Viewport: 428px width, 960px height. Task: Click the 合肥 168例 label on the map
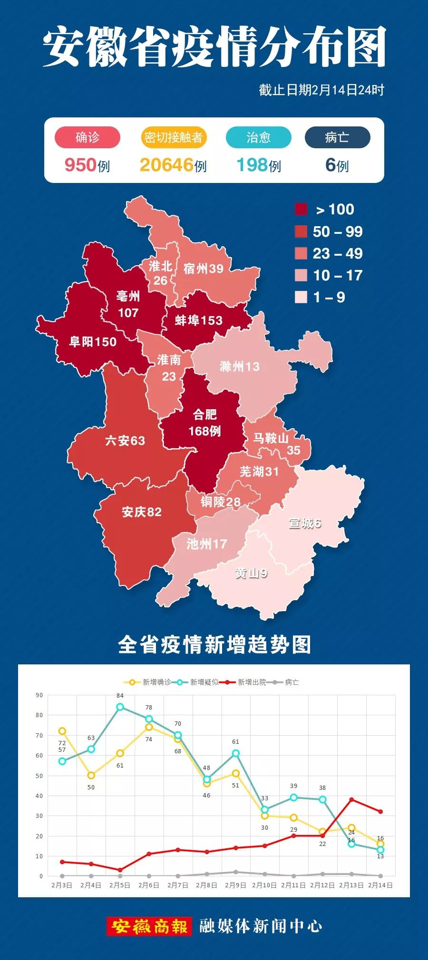tap(204, 422)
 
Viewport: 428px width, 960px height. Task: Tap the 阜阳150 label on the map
tap(93, 341)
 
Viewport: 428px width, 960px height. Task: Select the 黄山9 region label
tap(251, 573)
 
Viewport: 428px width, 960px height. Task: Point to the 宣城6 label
tap(305, 523)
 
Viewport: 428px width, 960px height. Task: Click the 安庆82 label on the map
tap(142, 512)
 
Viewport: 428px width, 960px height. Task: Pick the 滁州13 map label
tap(240, 366)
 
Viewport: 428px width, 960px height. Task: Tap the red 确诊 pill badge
tap(88, 137)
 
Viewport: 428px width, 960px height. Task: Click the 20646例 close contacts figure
tap(173, 165)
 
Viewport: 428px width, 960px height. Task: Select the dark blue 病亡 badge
tap(337, 137)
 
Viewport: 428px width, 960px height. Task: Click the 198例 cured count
tap(259, 165)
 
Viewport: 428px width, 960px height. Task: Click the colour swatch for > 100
tap(301, 209)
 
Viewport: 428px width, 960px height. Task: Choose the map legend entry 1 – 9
tap(328, 297)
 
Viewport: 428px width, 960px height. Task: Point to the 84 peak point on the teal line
tap(120, 707)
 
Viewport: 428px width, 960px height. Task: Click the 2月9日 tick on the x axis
tap(235, 885)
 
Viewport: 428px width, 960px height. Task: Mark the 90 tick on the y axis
tap(39, 695)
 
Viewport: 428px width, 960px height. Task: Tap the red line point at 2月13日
tap(351, 799)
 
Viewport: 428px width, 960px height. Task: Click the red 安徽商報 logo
tap(149, 926)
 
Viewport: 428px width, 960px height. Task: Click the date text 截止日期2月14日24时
tap(321, 90)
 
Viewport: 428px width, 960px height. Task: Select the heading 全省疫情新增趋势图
tap(214, 645)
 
